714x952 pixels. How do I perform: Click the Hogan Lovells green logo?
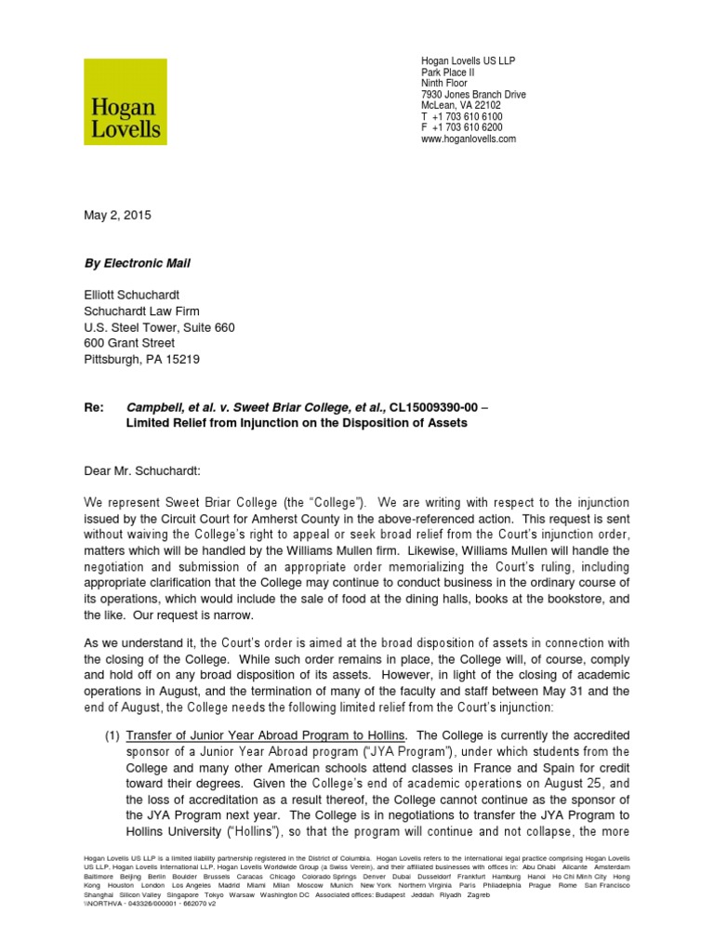(126, 101)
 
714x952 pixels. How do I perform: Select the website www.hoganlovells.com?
(469, 139)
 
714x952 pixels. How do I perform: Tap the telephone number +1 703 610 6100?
(468, 116)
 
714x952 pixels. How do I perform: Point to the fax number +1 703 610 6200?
(468, 127)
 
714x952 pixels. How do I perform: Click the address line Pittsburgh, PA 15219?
(140, 359)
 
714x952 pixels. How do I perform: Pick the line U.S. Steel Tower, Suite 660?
(159, 327)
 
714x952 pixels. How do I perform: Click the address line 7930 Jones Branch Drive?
(473, 94)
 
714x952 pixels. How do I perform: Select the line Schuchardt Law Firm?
(141, 311)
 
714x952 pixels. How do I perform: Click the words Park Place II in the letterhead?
(449, 72)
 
